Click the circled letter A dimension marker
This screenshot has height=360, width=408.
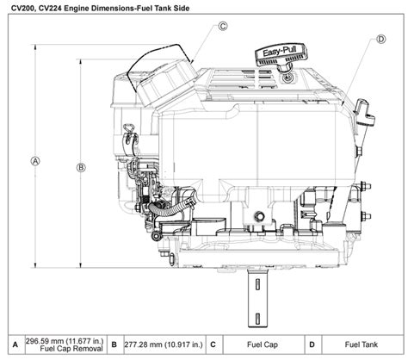pos(34,160)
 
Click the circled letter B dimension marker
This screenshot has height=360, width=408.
pos(80,166)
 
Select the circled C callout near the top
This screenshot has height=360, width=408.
pos(223,26)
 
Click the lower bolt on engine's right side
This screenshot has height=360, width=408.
pos(365,216)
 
